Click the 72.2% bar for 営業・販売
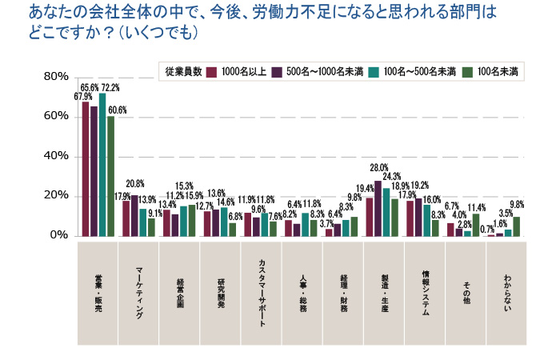click(102, 165)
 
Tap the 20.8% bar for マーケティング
click(135, 215)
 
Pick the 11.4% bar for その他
click(476, 225)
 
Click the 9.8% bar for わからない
click(517, 226)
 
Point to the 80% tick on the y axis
click(58, 77)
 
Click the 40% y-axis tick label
click(58, 157)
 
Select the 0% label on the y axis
click(61, 236)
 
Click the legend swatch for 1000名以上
click(212, 71)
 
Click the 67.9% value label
click(83, 96)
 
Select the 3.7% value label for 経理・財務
click(326, 224)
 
